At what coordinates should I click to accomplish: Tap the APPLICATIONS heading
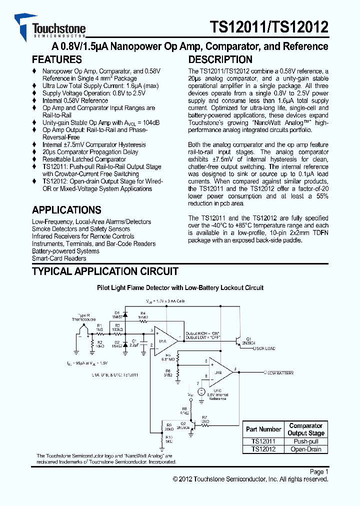66,210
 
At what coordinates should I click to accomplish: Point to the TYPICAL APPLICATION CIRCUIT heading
105,271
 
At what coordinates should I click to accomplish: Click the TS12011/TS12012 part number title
268,26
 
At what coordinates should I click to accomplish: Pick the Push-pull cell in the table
306,441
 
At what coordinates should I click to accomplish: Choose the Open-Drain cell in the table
306,449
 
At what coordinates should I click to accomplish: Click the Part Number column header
263,429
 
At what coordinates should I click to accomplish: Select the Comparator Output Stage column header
306,429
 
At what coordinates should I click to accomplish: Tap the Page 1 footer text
319,471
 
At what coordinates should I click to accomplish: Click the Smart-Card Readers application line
59,258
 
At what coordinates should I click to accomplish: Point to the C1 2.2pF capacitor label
134,343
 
